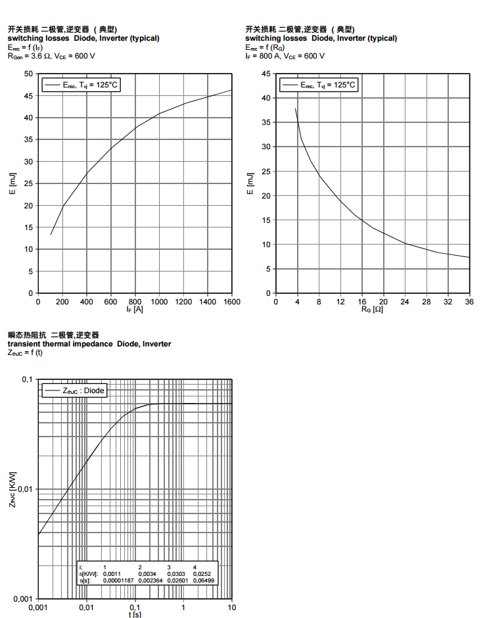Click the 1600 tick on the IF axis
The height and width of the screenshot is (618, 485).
click(x=231, y=301)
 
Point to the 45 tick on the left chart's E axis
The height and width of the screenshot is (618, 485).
click(x=29, y=96)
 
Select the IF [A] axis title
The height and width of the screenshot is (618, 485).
click(x=134, y=309)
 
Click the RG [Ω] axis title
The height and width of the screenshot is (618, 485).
click(x=372, y=309)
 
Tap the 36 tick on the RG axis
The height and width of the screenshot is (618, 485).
click(x=469, y=301)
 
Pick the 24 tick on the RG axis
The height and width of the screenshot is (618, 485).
click(x=405, y=301)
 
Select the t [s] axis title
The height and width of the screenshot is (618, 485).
click(x=135, y=615)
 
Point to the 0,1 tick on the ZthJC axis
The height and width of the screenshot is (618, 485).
click(x=27, y=380)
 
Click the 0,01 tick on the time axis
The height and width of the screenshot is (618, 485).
click(x=86, y=607)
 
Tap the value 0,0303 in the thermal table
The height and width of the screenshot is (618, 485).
click(x=175, y=574)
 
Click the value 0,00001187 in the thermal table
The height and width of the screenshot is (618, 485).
click(x=118, y=581)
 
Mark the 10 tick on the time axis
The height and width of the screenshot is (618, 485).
click(x=231, y=607)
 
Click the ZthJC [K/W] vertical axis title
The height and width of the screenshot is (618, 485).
click(x=12, y=489)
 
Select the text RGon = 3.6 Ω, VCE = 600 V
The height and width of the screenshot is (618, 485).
click(x=51, y=56)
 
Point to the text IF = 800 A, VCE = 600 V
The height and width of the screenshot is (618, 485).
click(x=285, y=56)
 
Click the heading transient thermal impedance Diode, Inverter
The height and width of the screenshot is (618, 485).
click(x=89, y=344)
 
